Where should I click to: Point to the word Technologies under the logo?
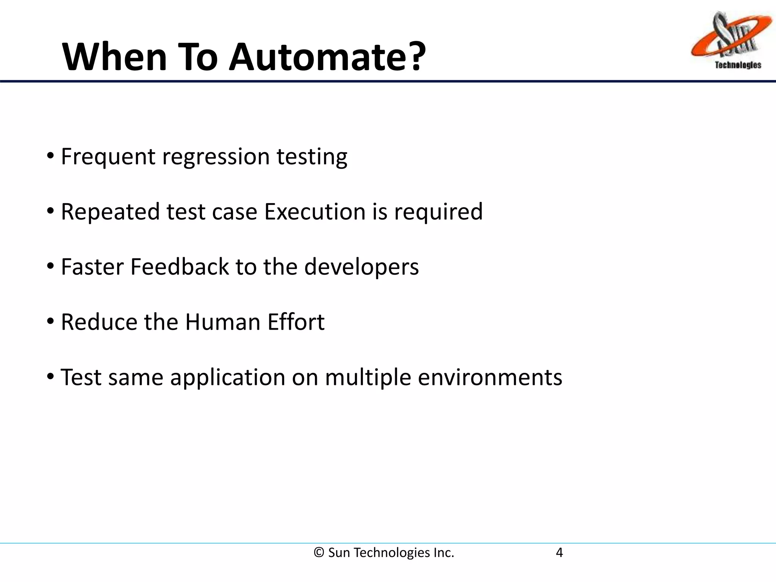(x=738, y=65)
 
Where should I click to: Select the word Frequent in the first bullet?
(x=108, y=157)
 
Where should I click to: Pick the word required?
(x=438, y=212)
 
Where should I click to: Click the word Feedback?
(x=180, y=267)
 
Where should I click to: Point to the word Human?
(x=223, y=322)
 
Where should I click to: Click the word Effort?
(x=296, y=322)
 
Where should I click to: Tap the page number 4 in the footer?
(x=559, y=553)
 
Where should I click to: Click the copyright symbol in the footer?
(x=319, y=553)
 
